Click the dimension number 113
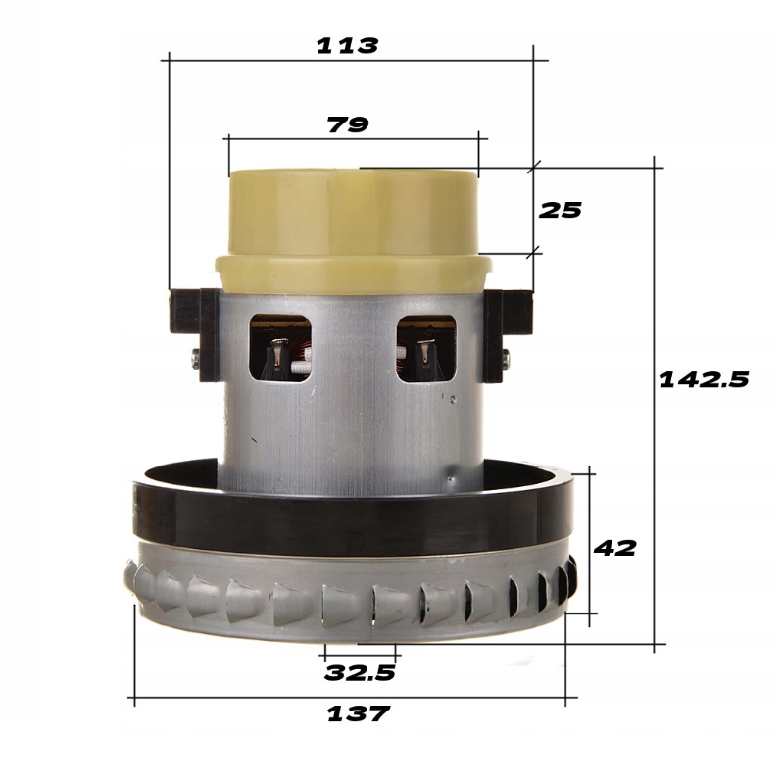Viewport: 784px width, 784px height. coord(348,46)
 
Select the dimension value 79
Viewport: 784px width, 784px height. coord(348,124)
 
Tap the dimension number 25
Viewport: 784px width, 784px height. coord(560,210)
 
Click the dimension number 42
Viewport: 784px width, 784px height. coord(614,548)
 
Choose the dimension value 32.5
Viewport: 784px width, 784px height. coord(360,673)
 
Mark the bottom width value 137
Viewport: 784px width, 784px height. coord(358,713)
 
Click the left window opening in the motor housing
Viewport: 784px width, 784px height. coord(280,348)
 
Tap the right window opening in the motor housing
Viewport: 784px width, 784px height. coord(426,349)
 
